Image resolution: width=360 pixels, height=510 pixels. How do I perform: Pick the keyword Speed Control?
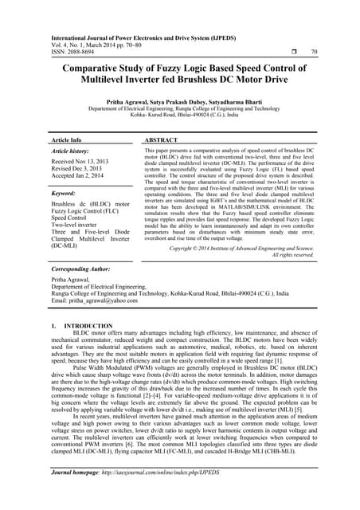pos(71,217)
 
